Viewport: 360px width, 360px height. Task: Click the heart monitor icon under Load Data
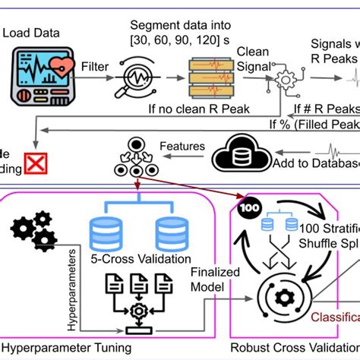[x=40, y=78]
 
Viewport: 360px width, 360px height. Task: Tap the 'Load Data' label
[x=30, y=32]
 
